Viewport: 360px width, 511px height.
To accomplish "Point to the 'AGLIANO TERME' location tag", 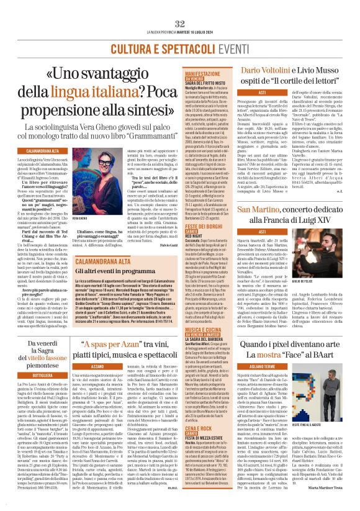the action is (x=274, y=367).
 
